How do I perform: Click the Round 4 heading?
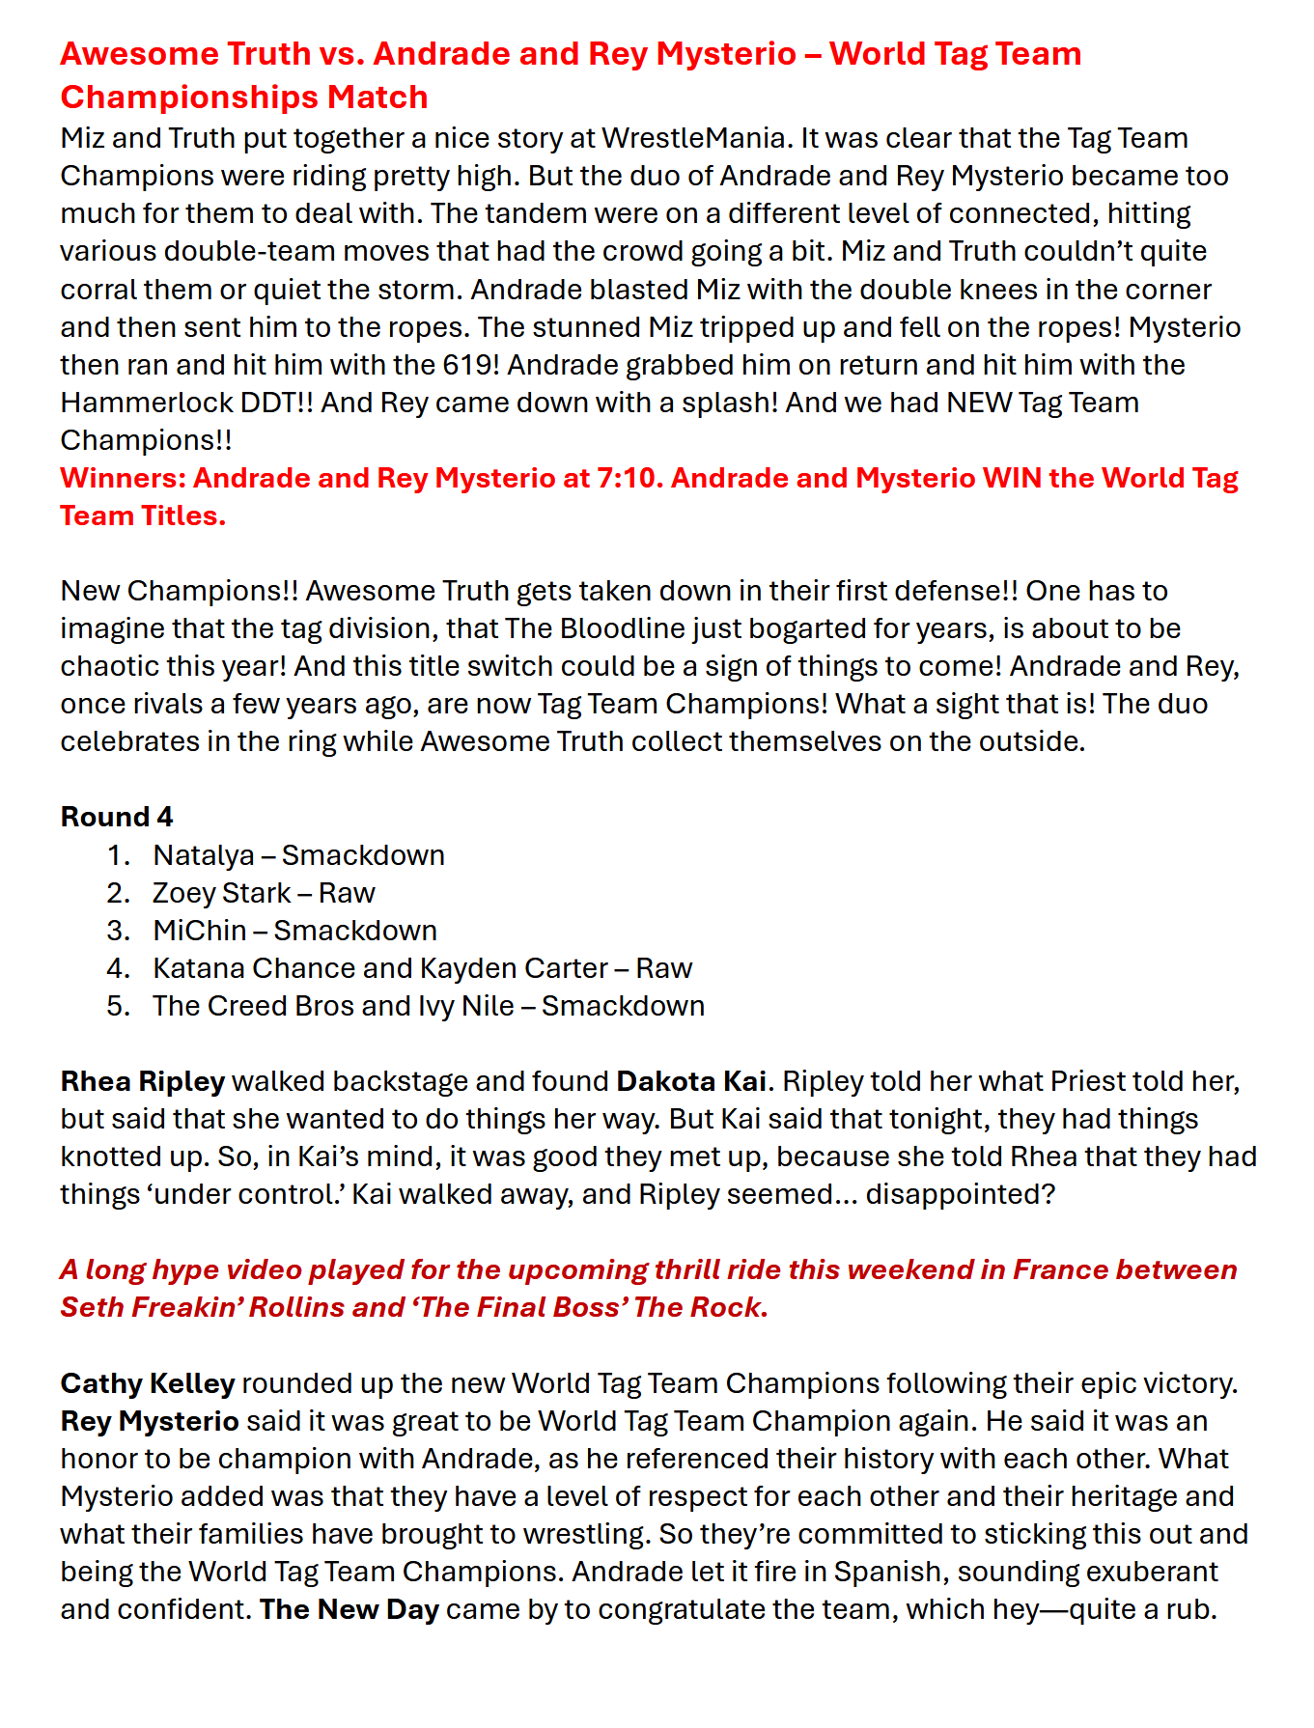[116, 817]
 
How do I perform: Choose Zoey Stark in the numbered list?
[221, 893]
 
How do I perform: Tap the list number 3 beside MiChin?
[118, 931]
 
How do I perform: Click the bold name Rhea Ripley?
[143, 1081]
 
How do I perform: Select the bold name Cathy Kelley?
[148, 1383]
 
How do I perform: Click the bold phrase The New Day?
[349, 1609]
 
